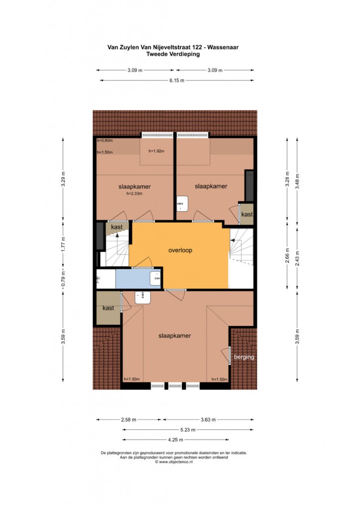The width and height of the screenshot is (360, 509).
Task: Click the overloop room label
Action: click(x=180, y=251)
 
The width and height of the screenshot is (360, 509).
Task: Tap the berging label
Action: click(x=244, y=357)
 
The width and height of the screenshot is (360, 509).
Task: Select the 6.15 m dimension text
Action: click(x=177, y=81)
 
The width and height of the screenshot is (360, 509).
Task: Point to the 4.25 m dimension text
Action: click(x=176, y=440)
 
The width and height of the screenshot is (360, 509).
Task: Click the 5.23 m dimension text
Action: click(x=188, y=430)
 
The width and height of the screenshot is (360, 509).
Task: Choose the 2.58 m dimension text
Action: click(x=129, y=420)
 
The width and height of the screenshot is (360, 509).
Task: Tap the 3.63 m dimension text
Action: click(x=208, y=420)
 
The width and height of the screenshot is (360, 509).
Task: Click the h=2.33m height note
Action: click(x=134, y=194)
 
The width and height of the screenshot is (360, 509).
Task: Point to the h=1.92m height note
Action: click(x=157, y=151)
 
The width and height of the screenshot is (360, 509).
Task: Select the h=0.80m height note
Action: click(x=105, y=141)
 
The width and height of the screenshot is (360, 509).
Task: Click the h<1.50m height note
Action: click(x=105, y=152)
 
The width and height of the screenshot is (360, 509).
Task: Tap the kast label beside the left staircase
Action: click(x=117, y=227)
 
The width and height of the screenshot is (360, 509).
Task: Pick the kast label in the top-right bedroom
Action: click(x=247, y=214)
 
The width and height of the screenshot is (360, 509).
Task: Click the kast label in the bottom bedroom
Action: click(x=108, y=308)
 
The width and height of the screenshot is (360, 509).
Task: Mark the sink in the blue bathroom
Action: click(x=156, y=278)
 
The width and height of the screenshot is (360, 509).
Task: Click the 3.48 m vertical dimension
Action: click(x=297, y=181)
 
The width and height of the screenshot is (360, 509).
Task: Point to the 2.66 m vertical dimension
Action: click(x=287, y=255)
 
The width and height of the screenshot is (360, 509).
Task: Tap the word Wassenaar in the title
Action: click(x=223, y=47)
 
